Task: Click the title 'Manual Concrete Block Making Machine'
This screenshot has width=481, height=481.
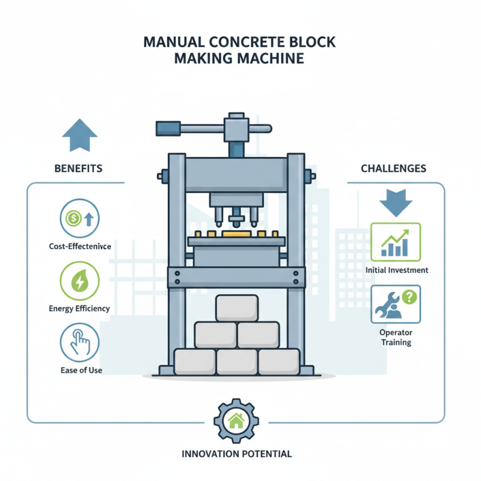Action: click(240, 51)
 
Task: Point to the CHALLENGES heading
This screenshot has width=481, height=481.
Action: click(394, 168)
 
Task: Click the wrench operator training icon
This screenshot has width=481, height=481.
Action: click(396, 304)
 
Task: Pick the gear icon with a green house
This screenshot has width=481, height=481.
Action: click(236, 420)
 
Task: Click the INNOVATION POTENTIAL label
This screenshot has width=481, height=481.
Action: click(236, 454)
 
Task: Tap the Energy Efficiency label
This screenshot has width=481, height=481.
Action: click(79, 308)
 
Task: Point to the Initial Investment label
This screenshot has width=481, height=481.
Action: click(397, 270)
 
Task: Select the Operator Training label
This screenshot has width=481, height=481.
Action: click(396, 337)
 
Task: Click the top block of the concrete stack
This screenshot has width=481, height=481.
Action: click(237, 308)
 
